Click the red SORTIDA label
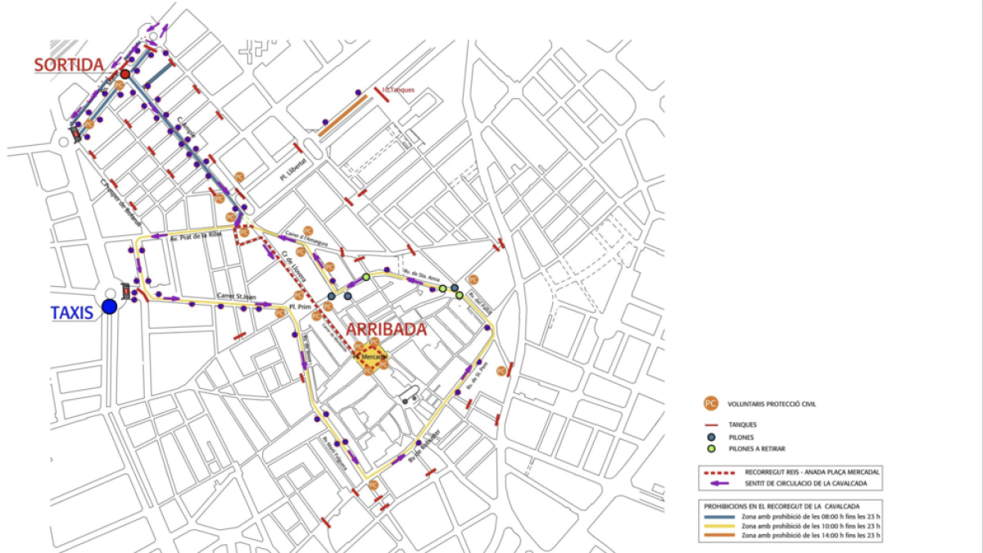pos(69,65)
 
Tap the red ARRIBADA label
pos(387,329)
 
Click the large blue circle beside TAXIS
pos(110,307)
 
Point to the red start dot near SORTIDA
pos(125,74)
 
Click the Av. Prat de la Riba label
pos(196,236)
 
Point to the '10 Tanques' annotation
pos(399,89)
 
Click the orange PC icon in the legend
pos(709,403)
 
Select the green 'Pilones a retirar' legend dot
pos(709,449)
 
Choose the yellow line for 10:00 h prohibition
pos(718,525)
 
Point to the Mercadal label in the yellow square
pos(373,356)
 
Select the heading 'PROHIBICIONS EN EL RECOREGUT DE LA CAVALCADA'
pos(778,505)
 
